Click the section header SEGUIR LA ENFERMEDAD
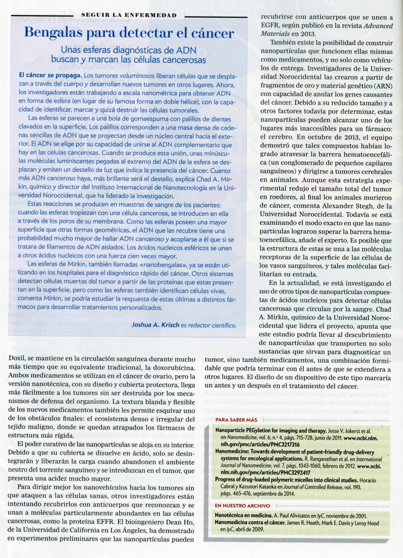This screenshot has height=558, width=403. (129, 15)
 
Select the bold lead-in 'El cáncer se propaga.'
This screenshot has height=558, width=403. (50, 75)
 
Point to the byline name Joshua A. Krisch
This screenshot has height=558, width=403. (155, 325)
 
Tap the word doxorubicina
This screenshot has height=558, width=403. (175, 367)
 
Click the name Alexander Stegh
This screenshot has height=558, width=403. (342, 206)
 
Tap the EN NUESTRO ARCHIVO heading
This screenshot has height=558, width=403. (242, 506)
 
